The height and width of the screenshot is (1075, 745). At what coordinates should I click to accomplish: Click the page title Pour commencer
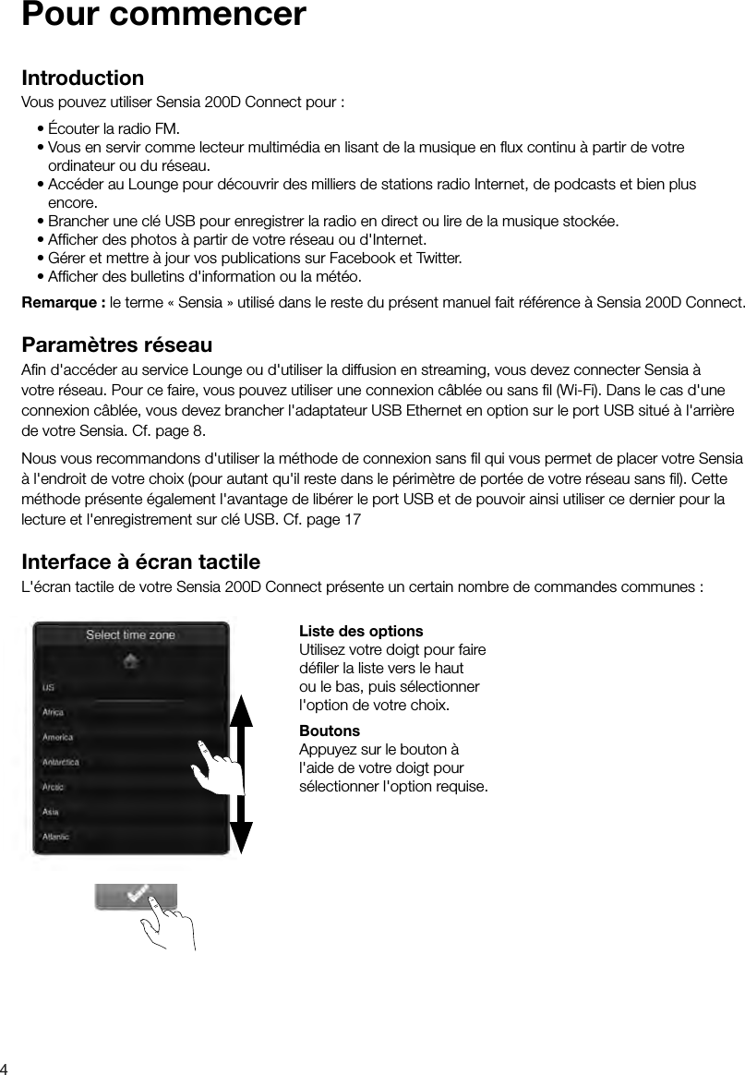[163, 17]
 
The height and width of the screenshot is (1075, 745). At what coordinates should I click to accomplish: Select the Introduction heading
[82, 78]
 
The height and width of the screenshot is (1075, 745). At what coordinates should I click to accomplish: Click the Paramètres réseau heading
[116, 345]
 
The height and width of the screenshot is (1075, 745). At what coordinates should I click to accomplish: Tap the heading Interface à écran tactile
[140, 562]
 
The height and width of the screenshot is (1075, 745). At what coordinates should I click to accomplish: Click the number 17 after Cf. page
[353, 521]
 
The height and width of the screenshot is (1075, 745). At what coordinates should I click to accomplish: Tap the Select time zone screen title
[130, 634]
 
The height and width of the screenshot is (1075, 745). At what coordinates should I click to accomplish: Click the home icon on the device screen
[132, 661]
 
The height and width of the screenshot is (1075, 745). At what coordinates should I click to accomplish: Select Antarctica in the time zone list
[61, 762]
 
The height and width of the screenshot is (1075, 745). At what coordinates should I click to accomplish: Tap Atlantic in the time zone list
[57, 836]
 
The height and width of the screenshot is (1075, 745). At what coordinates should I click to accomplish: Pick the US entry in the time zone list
[49, 688]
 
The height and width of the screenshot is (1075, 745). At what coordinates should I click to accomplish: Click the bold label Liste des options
[361, 632]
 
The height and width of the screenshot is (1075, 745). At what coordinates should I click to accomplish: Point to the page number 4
[6, 1067]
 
